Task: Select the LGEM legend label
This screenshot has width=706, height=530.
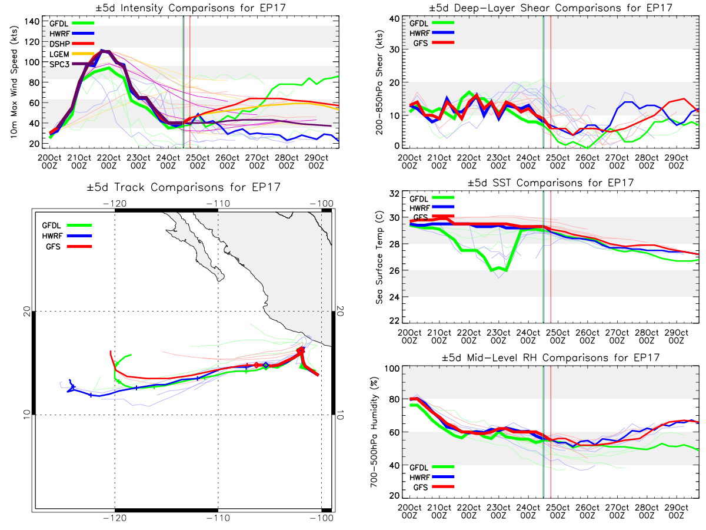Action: coord(59,54)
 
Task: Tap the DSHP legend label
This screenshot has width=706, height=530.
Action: coord(59,44)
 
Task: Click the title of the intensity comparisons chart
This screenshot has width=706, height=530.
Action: coord(191,8)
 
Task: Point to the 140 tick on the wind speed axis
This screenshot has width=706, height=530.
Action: coord(32,22)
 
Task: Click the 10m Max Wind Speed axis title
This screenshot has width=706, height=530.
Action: coord(14,82)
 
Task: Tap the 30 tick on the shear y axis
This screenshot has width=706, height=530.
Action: coord(395,49)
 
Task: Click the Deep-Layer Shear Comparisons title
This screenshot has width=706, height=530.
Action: coord(551,8)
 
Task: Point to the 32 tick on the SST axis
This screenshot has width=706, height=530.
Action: coord(394,194)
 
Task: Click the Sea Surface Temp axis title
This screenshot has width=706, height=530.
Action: coord(379,257)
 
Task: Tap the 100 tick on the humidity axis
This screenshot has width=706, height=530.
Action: coord(392,369)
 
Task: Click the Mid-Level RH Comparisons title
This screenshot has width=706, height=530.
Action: coord(551,357)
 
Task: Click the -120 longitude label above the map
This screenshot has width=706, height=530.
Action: coord(115,204)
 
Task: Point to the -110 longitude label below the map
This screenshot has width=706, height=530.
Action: coord(218,518)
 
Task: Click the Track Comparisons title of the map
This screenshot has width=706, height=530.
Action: coord(184,187)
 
